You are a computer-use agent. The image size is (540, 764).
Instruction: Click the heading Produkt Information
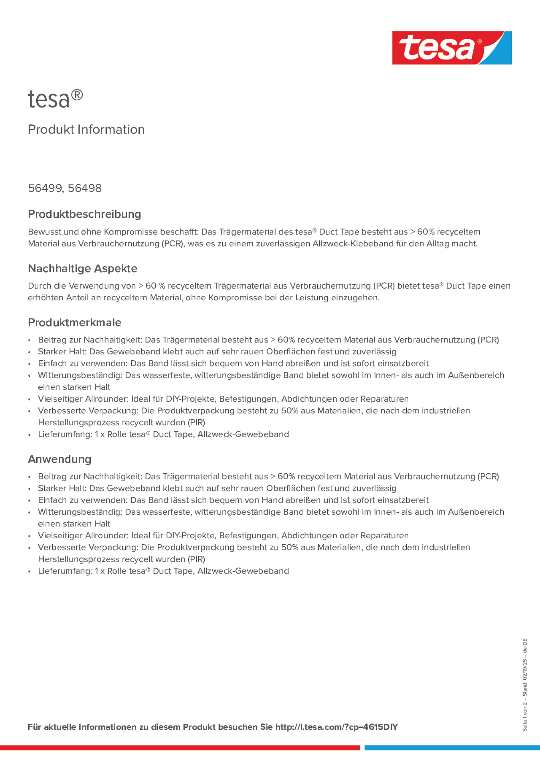(86, 130)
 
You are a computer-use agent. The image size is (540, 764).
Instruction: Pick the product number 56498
(85, 188)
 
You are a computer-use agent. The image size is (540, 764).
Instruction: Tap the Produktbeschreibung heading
(84, 214)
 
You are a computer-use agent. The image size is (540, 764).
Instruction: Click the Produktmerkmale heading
(75, 322)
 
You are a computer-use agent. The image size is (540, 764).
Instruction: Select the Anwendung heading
(60, 459)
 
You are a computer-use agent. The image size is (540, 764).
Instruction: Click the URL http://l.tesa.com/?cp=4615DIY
(336, 727)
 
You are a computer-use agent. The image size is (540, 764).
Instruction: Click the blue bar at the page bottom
(452, 747)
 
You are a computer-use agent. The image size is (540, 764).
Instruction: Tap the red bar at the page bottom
(180, 747)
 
